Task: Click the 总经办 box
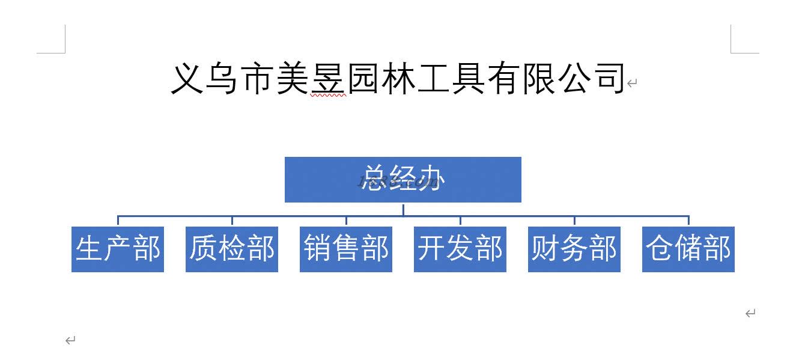click(x=403, y=179)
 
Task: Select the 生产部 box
click(x=118, y=249)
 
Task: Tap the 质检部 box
click(x=232, y=249)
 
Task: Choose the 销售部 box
click(x=346, y=249)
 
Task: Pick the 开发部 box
click(x=460, y=249)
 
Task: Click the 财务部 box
click(x=574, y=249)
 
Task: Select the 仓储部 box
click(x=688, y=249)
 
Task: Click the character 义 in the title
click(x=188, y=79)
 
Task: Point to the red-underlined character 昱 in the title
click(x=328, y=79)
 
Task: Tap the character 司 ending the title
click(x=608, y=79)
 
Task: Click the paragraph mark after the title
click(x=631, y=84)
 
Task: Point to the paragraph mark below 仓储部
click(x=750, y=313)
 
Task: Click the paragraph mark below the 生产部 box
click(x=70, y=341)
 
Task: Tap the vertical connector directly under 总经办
click(x=403, y=209)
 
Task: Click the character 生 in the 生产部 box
click(x=90, y=249)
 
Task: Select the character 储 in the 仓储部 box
click(x=688, y=249)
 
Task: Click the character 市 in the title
click(x=258, y=79)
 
